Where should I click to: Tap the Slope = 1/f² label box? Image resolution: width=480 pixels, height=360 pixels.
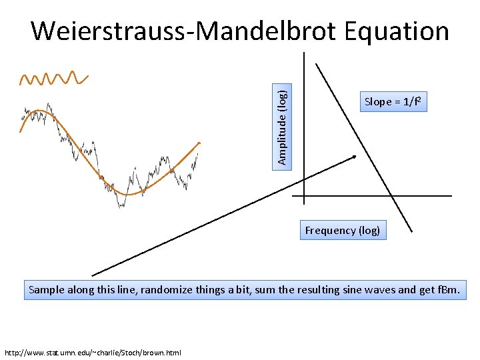pos(392,102)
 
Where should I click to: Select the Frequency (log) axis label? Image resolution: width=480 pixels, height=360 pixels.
pos(343,231)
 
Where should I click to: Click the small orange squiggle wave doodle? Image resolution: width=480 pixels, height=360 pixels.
pos(53,79)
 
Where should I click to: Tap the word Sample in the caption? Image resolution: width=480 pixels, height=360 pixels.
pos(47,291)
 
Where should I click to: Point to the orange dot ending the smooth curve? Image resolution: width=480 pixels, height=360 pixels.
pos(199,143)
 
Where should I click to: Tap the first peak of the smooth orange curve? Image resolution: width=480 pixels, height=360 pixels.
pos(40,110)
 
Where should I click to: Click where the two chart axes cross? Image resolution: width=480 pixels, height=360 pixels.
pos(303,196)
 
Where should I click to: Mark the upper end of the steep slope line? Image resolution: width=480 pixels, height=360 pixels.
pos(316,63)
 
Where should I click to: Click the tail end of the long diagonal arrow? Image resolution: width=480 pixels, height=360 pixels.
pos(92,275)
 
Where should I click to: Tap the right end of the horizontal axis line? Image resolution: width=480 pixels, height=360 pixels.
pos(451,196)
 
